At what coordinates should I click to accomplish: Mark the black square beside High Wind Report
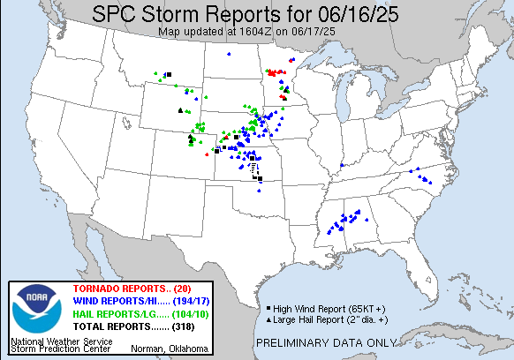click(268, 308)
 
